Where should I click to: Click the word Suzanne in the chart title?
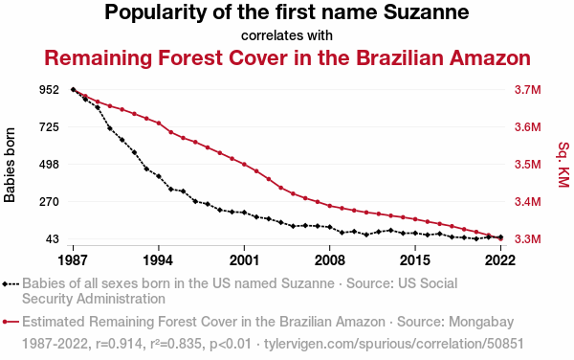coord(426,11)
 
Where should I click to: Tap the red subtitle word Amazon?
coord(490,57)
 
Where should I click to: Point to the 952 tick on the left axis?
coord(49,89)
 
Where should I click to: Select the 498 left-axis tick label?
coord(49,165)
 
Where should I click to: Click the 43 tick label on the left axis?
coord(52,239)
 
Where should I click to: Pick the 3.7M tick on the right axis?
coord(527,90)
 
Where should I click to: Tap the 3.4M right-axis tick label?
coord(527,202)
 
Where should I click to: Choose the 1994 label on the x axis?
coord(158,260)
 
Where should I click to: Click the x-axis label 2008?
coord(329,260)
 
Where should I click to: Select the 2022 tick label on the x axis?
coord(500,260)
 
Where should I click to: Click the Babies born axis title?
coord(10,165)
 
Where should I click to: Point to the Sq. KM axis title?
coord(563,165)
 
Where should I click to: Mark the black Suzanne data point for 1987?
coord(74,90)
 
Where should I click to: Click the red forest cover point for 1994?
coord(159,124)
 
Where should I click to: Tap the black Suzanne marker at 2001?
coord(244,213)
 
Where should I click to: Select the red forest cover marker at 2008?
coord(330,206)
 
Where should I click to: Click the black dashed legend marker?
coord(11,283)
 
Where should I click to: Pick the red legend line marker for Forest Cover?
coord(11,322)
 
